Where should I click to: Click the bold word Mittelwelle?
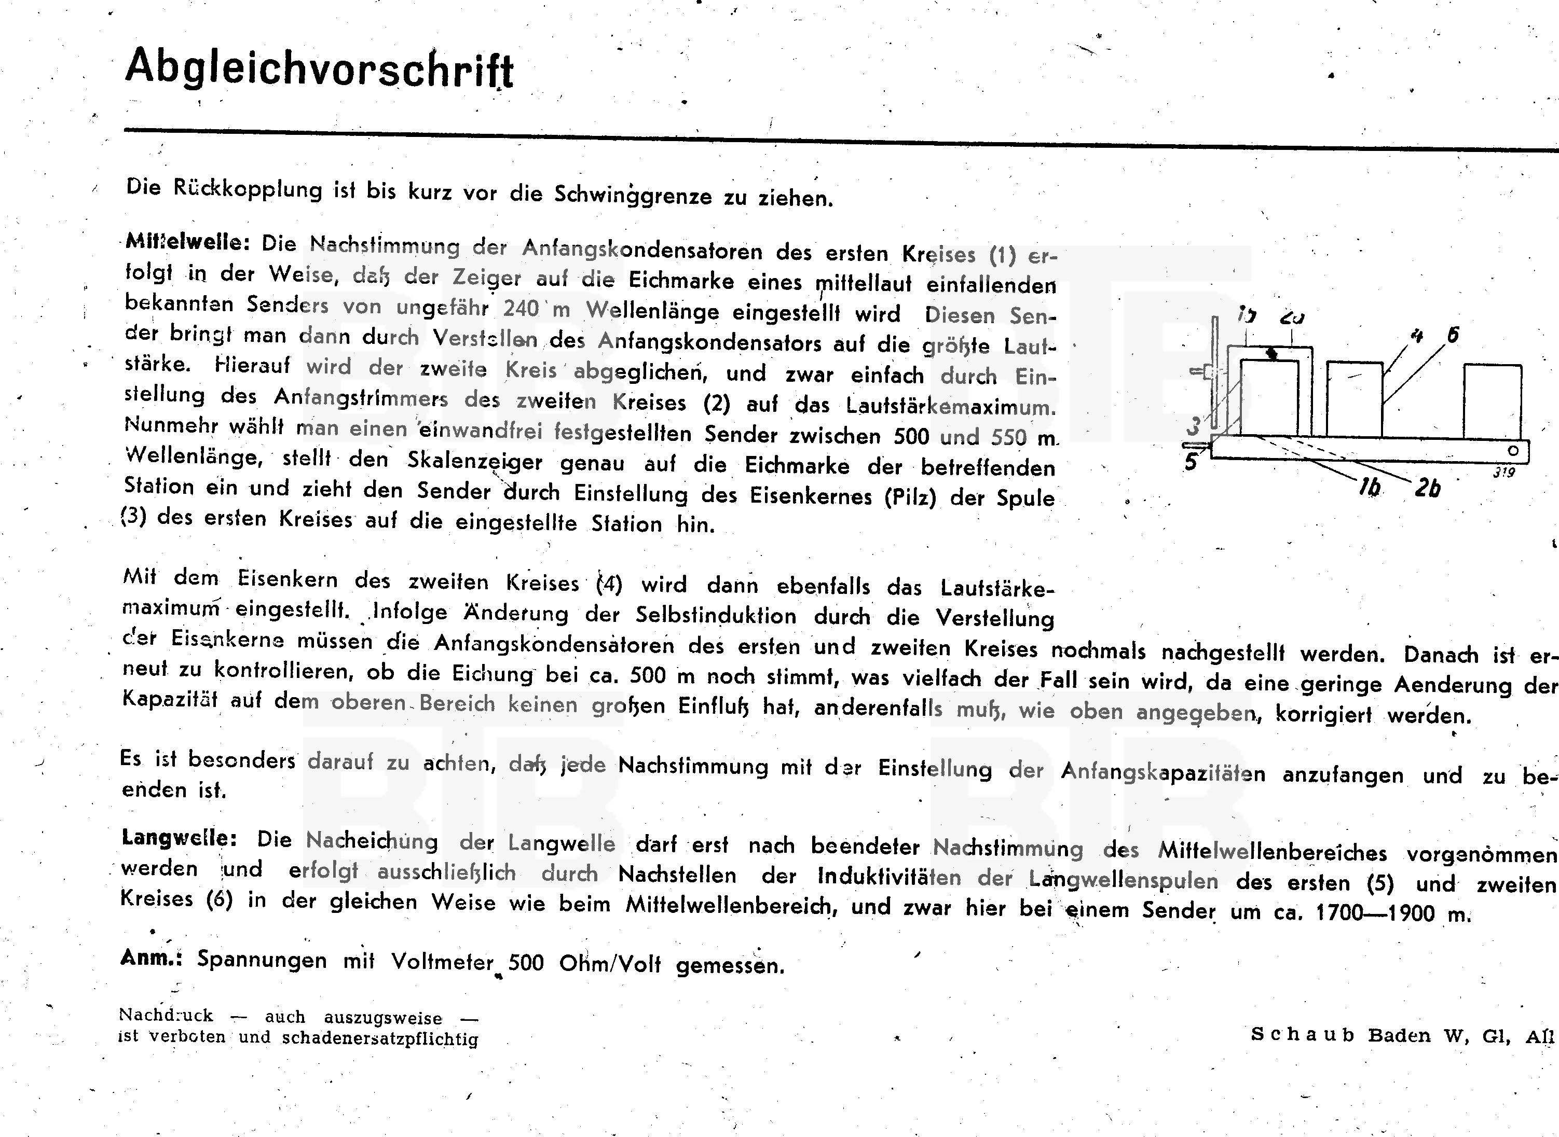point(187,242)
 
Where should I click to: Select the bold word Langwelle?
point(179,838)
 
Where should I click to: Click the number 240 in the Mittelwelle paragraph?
point(521,308)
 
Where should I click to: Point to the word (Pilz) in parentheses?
point(910,496)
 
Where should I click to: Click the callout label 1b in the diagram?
point(1370,487)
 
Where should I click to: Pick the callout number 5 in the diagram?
point(1191,462)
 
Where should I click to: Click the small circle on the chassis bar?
point(1513,451)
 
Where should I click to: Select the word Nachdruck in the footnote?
point(166,1015)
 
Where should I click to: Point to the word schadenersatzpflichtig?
point(380,1038)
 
